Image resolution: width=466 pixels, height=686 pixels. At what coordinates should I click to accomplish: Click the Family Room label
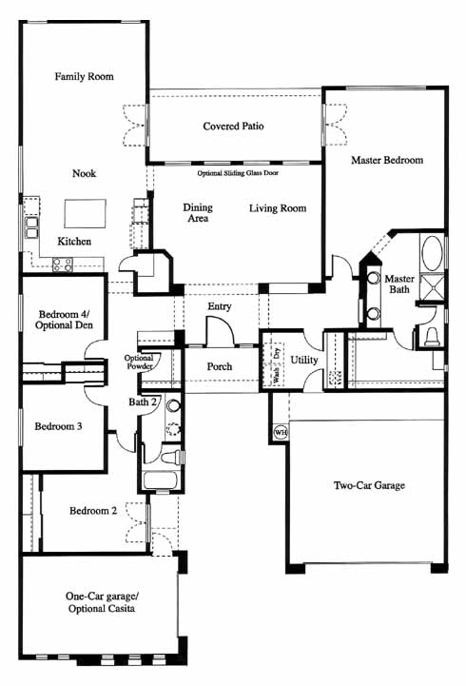84,76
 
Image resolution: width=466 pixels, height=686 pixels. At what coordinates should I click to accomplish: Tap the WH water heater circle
281,433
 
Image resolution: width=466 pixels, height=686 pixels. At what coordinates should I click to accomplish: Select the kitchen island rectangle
86,213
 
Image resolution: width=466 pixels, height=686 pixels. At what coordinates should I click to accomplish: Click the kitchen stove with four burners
63,265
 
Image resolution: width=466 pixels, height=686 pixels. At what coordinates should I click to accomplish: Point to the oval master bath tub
433,253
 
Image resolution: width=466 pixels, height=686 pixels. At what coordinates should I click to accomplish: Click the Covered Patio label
233,126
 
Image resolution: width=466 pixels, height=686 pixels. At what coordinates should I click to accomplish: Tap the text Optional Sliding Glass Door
238,173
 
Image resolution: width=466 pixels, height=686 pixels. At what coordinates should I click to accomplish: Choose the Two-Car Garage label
369,485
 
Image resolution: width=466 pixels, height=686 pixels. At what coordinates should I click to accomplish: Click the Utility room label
303,360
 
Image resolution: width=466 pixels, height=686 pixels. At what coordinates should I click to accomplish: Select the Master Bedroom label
387,160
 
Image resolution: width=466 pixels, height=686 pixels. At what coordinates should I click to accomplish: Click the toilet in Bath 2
171,458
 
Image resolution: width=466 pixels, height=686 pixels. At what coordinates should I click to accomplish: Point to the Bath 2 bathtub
161,480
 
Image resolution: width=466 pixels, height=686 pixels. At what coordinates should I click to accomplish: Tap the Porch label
220,366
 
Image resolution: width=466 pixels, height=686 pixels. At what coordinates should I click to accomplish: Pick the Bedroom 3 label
58,426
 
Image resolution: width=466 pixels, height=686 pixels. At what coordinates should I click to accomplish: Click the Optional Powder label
139,362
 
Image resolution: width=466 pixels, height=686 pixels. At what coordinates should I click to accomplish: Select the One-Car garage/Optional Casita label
102,602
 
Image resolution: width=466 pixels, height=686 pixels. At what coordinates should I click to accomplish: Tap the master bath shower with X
433,286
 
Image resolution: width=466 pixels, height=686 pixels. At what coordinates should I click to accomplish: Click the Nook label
84,173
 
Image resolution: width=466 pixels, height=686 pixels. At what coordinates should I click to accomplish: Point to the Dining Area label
198,212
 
